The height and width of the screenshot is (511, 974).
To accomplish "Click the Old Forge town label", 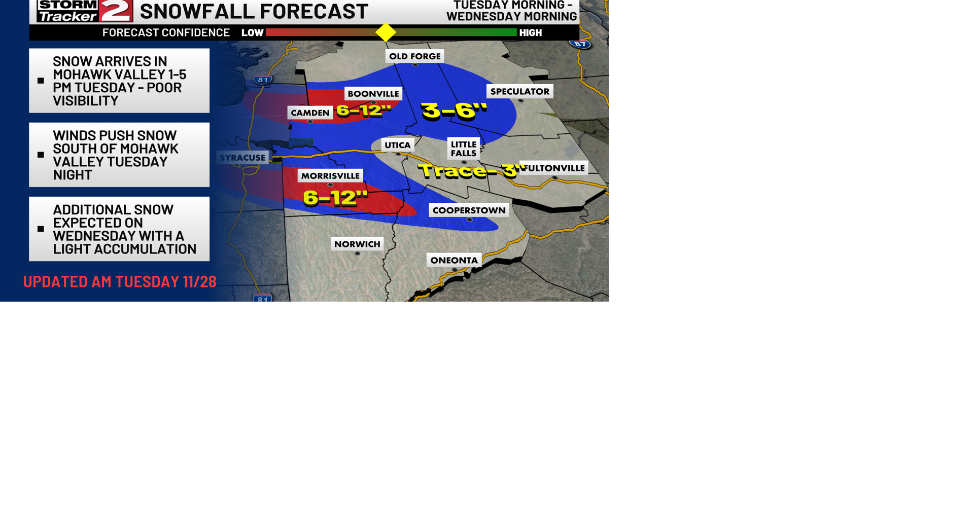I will tap(414, 56).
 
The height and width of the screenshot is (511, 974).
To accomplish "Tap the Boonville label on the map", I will tap(373, 94).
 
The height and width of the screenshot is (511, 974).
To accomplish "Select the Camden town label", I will tap(310, 113).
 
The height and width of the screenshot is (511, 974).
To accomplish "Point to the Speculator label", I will tap(519, 92).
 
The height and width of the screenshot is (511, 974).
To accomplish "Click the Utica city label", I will tap(397, 145).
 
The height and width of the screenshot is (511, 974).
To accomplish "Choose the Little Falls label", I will tap(463, 149).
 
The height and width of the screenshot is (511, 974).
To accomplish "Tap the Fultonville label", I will tap(554, 168).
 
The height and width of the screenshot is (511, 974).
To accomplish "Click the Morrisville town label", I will tap(330, 176).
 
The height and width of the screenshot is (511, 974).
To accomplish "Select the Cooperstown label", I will tap(469, 210).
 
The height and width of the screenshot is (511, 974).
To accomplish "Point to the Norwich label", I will tap(357, 244).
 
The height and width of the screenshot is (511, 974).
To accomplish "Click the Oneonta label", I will tap(454, 261).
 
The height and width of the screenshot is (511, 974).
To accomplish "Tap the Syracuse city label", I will tap(242, 158).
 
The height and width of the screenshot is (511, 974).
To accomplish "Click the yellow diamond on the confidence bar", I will tap(386, 32).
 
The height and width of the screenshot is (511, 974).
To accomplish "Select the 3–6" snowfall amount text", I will tap(454, 111).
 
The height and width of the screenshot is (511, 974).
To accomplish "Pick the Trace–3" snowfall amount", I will tap(469, 171).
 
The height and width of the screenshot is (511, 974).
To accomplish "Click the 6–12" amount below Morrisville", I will tap(335, 198).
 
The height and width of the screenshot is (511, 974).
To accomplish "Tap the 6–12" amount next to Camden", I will tap(364, 110).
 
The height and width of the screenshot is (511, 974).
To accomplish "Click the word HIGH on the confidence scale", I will tap(531, 33).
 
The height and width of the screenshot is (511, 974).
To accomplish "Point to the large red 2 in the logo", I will tap(116, 11).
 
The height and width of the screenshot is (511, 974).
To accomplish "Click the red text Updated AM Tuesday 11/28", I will tap(120, 282).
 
